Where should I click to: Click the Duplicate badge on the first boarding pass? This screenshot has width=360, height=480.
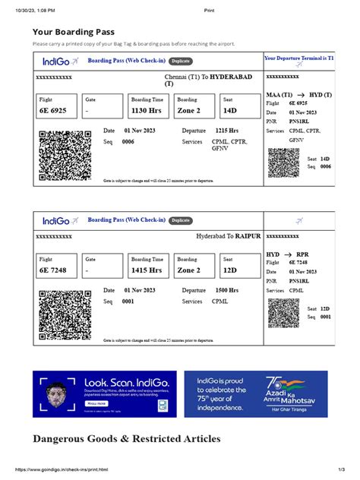(x=181, y=60)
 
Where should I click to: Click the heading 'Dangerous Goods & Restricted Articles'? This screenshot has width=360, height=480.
(x=127, y=439)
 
